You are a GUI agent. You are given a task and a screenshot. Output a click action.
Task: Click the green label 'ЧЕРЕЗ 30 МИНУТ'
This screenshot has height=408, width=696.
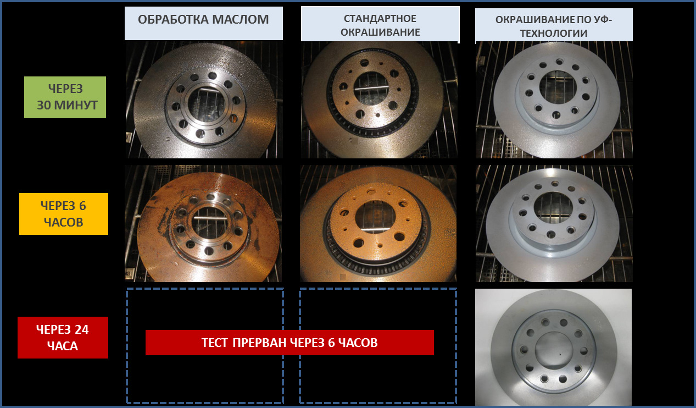pyautogui.click(x=65, y=97)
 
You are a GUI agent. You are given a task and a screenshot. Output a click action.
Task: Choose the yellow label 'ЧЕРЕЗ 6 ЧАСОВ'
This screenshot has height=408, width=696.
pyautogui.click(x=64, y=214)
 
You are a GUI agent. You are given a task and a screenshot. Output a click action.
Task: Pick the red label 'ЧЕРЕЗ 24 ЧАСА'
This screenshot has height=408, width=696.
pyautogui.click(x=63, y=338)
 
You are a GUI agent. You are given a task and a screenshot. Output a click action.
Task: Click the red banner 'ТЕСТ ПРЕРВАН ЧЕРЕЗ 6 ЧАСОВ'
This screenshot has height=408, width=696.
pyautogui.click(x=289, y=343)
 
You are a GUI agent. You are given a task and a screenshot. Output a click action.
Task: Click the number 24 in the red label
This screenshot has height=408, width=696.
pyautogui.click(x=81, y=329)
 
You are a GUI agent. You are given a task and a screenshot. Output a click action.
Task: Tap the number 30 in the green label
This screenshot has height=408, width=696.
pyautogui.click(x=43, y=105)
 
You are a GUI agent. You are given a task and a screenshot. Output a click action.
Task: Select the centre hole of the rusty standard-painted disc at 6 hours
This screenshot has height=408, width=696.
pyautogui.click(x=375, y=217)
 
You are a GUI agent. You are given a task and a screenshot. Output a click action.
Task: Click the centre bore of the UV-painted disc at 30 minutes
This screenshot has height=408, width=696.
pyautogui.click(x=558, y=87)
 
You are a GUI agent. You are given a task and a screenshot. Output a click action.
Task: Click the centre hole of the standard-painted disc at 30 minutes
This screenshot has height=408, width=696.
pyautogui.click(x=371, y=89)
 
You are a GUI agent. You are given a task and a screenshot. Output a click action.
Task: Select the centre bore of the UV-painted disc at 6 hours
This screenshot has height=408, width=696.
pyautogui.click(x=553, y=207)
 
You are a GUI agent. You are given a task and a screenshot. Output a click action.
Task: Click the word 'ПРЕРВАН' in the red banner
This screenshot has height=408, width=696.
pyautogui.click(x=259, y=343)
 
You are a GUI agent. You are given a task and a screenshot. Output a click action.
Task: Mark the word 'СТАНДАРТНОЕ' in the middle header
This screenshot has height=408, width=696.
pyautogui.click(x=380, y=18)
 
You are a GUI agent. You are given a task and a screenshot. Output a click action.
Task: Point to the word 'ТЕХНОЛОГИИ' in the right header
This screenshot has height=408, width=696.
pyautogui.click(x=554, y=34)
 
